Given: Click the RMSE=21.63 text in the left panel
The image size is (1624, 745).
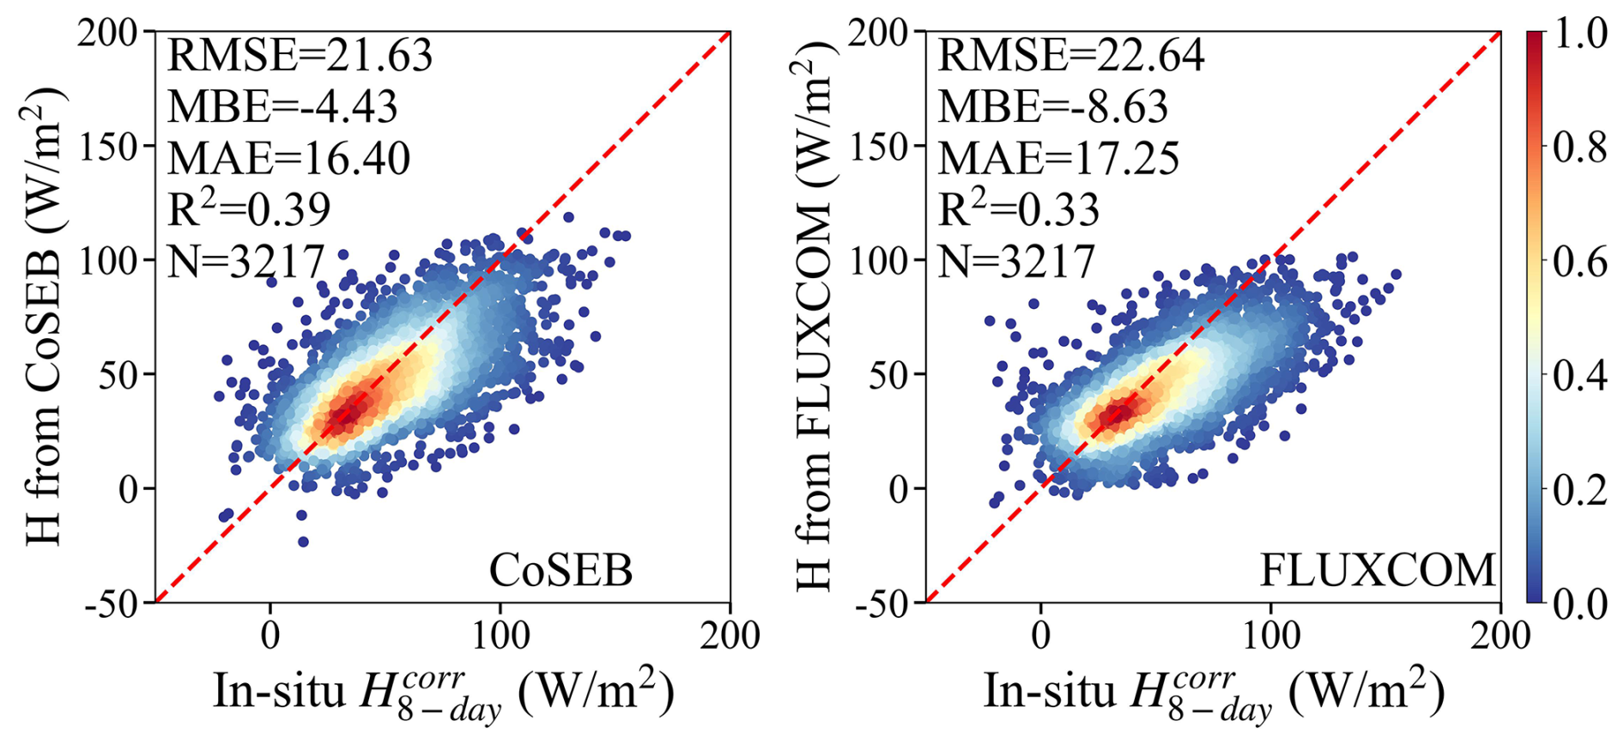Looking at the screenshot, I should [x=300, y=57].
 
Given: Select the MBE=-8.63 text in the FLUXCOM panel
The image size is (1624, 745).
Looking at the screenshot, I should [x=1053, y=107].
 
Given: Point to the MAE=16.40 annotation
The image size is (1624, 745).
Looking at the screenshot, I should [x=288, y=159].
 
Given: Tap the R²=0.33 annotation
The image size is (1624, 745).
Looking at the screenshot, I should [x=1018, y=209].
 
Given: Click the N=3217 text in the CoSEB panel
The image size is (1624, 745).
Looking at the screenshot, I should [x=245, y=261].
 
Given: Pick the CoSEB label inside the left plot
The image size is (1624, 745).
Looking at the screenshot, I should [x=561, y=571].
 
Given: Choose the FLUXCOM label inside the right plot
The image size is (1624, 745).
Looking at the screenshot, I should [x=1377, y=571].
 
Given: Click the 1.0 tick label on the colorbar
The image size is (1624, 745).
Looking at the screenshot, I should [x=1580, y=34].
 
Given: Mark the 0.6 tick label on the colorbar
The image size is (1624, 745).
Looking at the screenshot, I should [x=1580, y=262].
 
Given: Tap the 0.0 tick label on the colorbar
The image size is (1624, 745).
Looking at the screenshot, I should [x=1580, y=603].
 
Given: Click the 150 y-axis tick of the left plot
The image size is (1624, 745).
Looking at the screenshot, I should [x=108, y=147].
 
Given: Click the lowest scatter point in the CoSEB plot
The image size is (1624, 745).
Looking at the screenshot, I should [x=303, y=542].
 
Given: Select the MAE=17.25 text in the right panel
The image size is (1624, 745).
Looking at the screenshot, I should [x=1058, y=159].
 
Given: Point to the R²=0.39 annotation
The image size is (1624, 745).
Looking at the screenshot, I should [x=248, y=209].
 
